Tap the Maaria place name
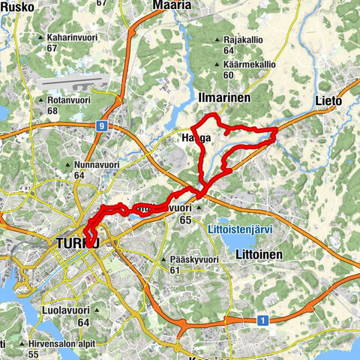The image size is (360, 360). (172, 5)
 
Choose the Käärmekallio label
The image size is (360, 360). (244, 64)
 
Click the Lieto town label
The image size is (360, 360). (328, 100)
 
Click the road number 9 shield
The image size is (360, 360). (100, 126)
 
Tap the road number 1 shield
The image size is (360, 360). (262, 320)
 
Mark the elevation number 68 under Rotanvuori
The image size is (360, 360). (52, 112)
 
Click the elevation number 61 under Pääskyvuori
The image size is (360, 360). (175, 270)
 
